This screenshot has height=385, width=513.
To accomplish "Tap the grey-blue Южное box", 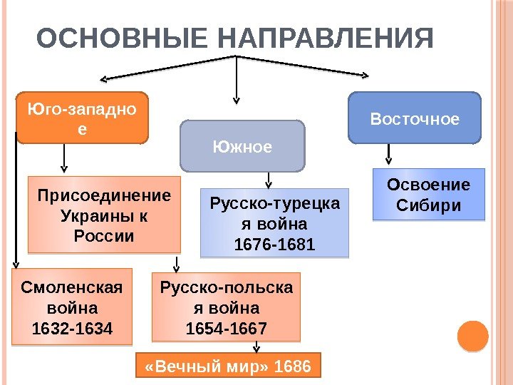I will [242, 147].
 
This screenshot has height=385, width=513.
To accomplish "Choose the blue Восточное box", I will [415, 117].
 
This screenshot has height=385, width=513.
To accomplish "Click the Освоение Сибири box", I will [429, 194].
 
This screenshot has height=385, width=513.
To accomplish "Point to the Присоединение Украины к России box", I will [104, 215].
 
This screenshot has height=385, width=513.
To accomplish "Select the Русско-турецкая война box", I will [275, 222].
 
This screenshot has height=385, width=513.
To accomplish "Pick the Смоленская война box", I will [72, 306].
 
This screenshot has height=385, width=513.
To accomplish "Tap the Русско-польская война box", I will [226, 306].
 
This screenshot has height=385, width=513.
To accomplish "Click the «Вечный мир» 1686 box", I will [228, 366].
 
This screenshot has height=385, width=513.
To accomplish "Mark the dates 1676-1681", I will [275, 245].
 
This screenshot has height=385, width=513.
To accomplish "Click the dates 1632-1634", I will [72, 329].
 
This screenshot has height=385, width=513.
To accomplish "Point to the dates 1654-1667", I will [226, 329].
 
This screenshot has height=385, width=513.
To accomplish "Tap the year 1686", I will [292, 366].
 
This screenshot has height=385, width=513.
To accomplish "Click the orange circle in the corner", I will [472, 335].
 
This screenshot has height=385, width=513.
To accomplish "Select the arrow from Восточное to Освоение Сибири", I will [388, 154].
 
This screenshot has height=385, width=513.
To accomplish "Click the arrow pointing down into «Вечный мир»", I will [254, 347].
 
